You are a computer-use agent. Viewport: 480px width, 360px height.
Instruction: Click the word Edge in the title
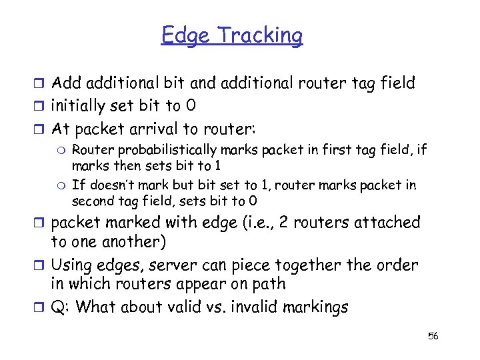click(185, 35)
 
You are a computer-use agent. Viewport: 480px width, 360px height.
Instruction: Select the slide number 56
click(433, 335)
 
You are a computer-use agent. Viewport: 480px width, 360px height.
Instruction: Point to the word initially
click(79, 105)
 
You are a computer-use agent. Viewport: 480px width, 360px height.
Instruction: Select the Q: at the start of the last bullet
click(61, 308)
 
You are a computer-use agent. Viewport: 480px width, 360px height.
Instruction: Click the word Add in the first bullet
click(66, 83)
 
